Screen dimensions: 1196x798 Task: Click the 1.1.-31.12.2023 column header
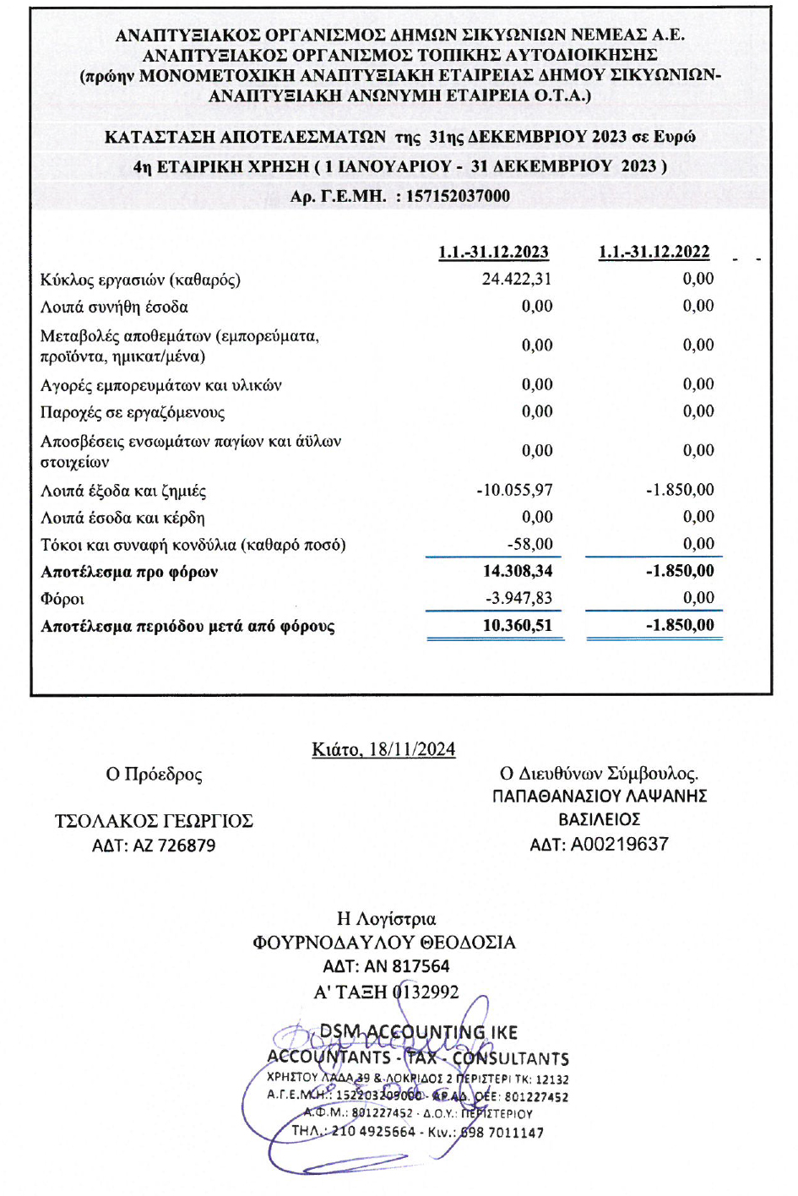coord(493,252)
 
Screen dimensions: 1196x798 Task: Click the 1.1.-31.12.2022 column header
coord(654,252)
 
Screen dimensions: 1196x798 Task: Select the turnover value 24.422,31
coord(517,279)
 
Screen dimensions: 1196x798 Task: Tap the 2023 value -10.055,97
coord(514,490)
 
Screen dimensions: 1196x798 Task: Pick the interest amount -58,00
coord(529,544)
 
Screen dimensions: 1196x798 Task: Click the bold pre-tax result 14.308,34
coord(518,571)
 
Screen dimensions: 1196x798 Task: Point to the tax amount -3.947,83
coord(518,598)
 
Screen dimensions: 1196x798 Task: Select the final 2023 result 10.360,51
coord(518,625)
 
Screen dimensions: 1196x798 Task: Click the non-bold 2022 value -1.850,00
coord(680,490)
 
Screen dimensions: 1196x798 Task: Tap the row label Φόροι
coord(62,599)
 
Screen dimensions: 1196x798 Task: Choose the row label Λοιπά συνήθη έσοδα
coord(114,307)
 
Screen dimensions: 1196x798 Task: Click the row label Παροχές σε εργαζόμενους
coord(133,412)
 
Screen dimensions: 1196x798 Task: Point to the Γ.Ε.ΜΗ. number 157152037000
coord(459,196)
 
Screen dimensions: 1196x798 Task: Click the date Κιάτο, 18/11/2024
coord(383,749)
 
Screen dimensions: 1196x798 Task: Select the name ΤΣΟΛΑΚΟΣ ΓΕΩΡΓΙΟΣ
coord(154,821)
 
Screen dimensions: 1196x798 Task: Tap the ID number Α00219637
coord(620,844)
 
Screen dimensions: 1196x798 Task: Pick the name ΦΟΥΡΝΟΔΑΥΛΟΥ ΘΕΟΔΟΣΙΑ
coord(384,943)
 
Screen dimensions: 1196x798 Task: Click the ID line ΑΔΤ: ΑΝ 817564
coord(386,966)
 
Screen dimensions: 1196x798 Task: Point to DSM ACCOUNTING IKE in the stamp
coord(418,1032)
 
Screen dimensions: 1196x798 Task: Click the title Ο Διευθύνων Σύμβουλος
coord(599,773)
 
